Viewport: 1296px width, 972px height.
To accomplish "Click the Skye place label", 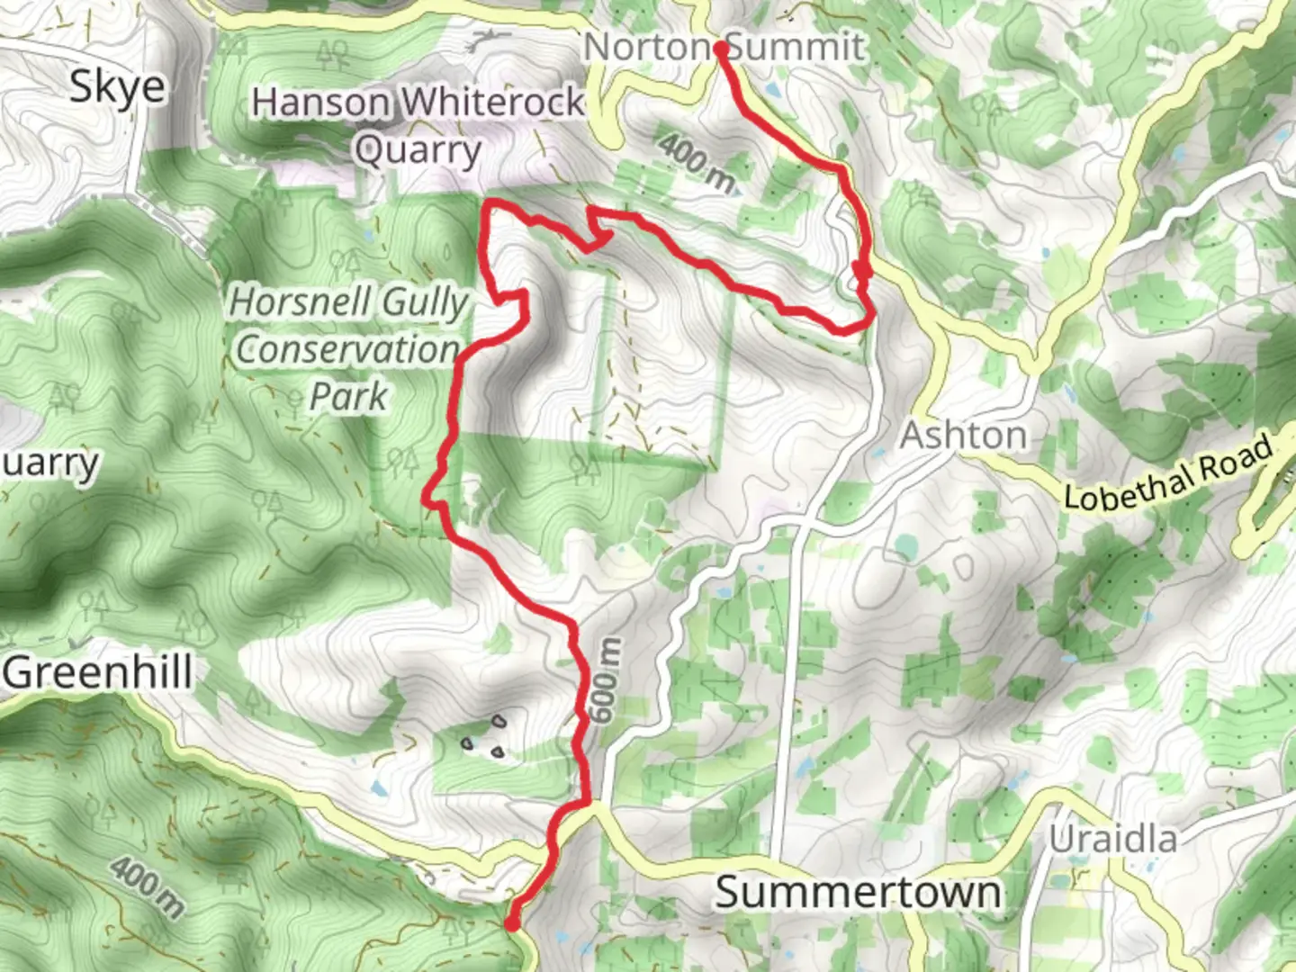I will coord(118,87).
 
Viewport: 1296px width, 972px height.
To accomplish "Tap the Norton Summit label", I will coord(724,47).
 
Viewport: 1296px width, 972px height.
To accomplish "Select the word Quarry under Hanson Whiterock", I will coord(418,150).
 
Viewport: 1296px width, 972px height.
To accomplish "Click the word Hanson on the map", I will coord(320,102).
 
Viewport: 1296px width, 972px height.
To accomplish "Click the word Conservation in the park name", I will coord(348,349).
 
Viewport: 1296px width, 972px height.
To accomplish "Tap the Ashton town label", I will coord(964,436).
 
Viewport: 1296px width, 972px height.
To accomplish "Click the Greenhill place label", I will coord(98,672).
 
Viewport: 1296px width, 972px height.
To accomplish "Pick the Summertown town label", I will coord(858,893).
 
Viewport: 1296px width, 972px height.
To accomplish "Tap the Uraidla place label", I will coord(1113,839).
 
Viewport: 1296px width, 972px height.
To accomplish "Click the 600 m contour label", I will coord(606,680).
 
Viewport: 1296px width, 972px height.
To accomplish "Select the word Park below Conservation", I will coord(348,396).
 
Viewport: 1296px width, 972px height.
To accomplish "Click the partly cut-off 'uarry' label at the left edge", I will coord(49,463).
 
